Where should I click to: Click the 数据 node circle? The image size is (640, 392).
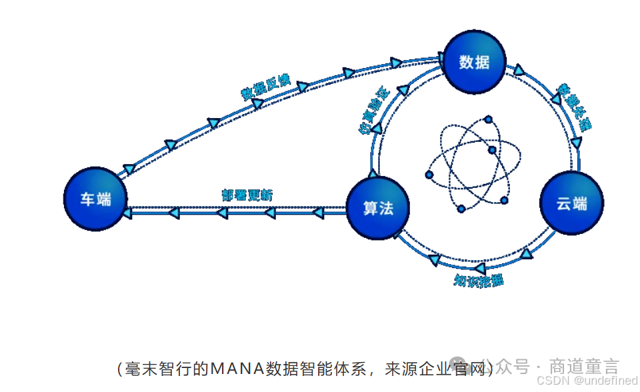[x=475, y=62]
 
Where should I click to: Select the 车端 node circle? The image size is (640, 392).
[x=96, y=199]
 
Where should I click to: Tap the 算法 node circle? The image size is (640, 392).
[x=378, y=208]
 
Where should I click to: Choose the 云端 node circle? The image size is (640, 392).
[x=571, y=203]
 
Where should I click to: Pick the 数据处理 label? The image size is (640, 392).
[x=574, y=107]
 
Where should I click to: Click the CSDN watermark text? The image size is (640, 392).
[x=550, y=380]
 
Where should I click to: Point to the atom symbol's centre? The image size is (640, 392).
[x=471, y=164]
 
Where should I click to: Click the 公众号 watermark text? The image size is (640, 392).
[x=513, y=367]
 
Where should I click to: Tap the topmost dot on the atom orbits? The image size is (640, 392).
[x=489, y=120]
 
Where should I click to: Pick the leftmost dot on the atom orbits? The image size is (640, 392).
[x=429, y=175]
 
